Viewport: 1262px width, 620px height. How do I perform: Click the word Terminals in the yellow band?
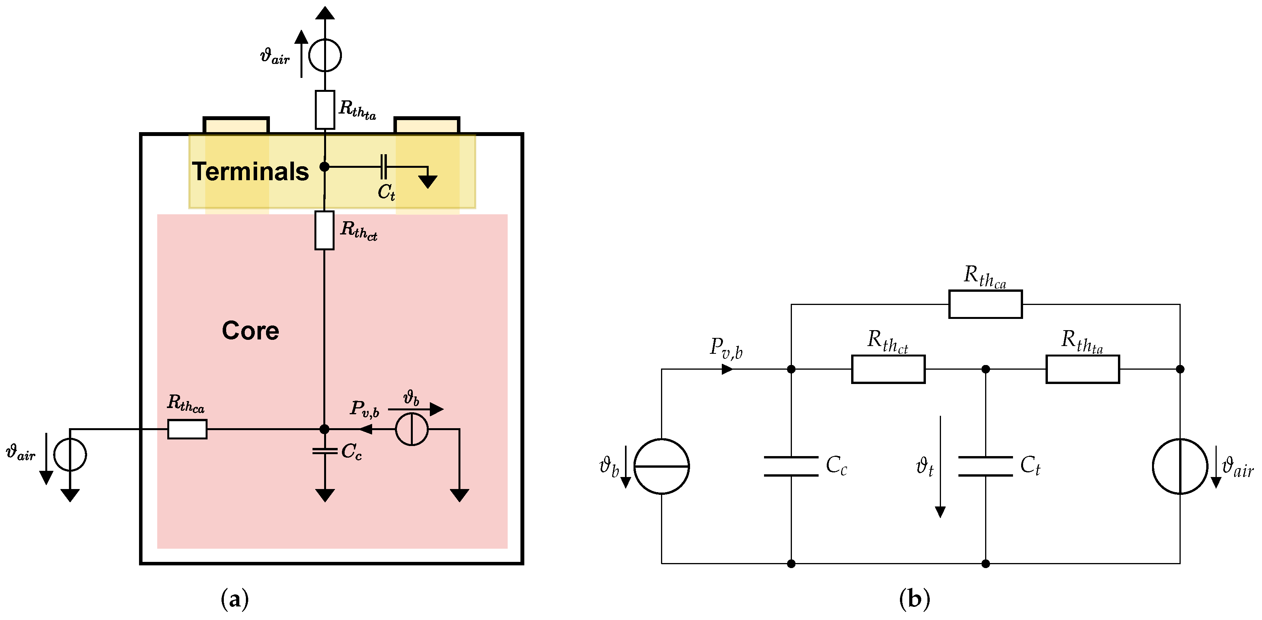coord(250,172)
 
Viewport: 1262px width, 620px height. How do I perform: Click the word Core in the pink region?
coord(250,331)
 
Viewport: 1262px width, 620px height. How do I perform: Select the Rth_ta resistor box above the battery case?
coord(325,110)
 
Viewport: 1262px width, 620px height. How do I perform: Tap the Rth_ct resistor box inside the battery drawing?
coord(325,230)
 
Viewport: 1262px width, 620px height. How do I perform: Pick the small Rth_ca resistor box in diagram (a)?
coord(187,429)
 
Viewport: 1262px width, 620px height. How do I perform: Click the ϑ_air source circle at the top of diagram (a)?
coord(325,55)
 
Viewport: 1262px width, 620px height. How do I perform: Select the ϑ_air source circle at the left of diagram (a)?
coord(70,455)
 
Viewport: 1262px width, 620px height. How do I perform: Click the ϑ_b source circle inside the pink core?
coord(412,429)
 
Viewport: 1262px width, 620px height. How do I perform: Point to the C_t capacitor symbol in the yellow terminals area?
coord(384,167)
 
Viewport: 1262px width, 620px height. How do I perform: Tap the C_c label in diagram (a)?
coord(351,451)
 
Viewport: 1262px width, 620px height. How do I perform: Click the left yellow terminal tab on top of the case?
coord(236,126)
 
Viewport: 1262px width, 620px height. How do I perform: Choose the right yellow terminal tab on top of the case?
coord(427,126)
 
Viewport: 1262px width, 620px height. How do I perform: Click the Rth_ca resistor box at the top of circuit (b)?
coord(985,304)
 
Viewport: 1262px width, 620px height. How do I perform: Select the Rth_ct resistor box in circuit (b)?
coord(888,369)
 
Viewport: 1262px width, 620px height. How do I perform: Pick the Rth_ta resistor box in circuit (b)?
coord(1083,369)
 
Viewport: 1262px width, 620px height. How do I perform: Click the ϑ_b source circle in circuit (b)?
coord(661,466)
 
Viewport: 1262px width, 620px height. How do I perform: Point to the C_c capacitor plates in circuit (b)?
coord(791,466)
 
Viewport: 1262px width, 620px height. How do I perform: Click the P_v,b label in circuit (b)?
coord(726,348)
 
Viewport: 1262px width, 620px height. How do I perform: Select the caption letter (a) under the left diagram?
coord(235,599)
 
